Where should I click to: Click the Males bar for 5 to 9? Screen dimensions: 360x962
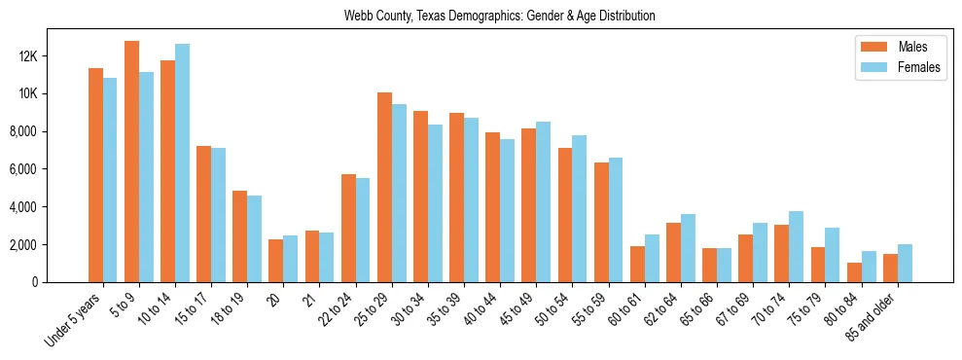point(131,162)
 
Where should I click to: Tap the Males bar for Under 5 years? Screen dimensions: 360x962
point(95,175)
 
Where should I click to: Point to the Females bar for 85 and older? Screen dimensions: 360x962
point(905,263)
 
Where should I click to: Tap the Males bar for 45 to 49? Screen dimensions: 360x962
point(529,205)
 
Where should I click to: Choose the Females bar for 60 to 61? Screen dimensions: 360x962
point(652,258)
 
